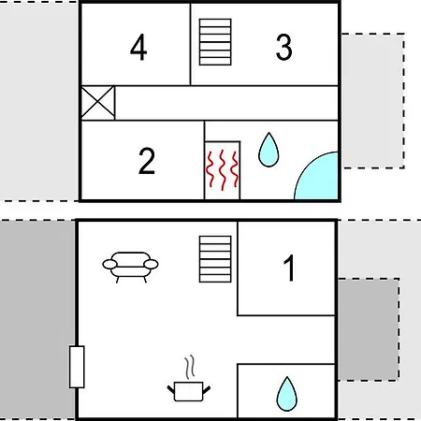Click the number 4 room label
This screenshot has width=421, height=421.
click(138, 48)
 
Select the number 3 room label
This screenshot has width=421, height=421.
click(284, 47)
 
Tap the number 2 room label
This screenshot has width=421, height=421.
click(147, 161)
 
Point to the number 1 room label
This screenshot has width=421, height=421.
click(289, 268)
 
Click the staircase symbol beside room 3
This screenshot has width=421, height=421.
click(215, 42)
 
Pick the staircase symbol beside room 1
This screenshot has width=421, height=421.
click(215, 259)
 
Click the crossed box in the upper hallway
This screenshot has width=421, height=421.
click(98, 103)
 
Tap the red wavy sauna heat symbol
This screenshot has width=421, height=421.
click(222, 170)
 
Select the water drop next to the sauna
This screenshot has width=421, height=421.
click(269, 150)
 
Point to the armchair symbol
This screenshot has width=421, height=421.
click(130, 267)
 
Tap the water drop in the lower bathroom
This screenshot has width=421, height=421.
click(287, 394)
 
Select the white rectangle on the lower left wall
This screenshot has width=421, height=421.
click(77, 367)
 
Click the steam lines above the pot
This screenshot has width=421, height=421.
click(190, 367)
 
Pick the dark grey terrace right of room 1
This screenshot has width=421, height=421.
click(369, 329)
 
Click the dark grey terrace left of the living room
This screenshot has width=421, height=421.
click(37, 320)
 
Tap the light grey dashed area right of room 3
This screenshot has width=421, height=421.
click(373, 101)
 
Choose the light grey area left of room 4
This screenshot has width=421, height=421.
click(38, 101)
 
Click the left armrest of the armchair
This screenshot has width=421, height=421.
click(109, 265)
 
